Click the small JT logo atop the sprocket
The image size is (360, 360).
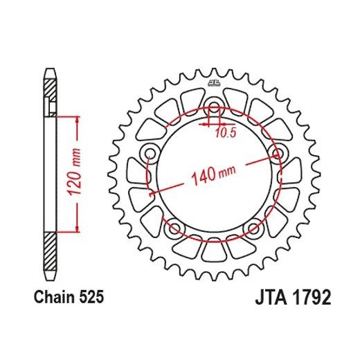(213, 84)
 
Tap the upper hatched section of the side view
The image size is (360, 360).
(51, 89)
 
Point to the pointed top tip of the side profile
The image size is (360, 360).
(51, 69)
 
